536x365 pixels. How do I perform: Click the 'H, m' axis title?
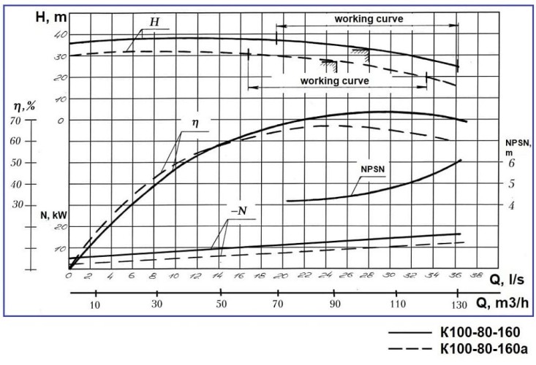click(x=51, y=15)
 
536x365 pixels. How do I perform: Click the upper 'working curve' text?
click(x=369, y=18)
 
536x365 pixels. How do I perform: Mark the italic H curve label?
click(x=154, y=22)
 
